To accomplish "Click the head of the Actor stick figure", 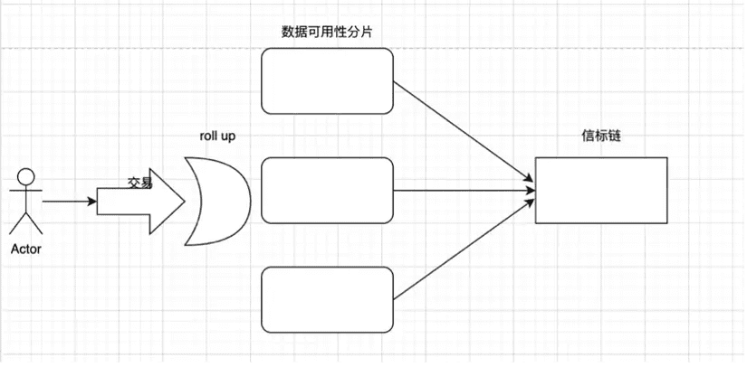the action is click(25, 177).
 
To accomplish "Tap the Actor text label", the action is click(26, 249).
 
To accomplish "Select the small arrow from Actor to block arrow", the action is click(70, 202).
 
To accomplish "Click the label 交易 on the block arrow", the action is click(140, 183).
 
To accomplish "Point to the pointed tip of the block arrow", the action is click(185, 202).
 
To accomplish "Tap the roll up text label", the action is click(217, 136).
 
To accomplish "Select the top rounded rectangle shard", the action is click(328, 80).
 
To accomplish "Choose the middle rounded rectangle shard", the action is click(328, 190).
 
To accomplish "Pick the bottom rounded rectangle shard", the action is click(328, 299).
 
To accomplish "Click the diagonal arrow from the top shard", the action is click(464, 131).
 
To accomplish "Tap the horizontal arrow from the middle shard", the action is click(464, 190).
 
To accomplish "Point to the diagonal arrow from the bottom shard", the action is click(464, 249).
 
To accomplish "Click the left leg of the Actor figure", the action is click(17, 224).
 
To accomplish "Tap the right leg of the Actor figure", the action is click(34, 224).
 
